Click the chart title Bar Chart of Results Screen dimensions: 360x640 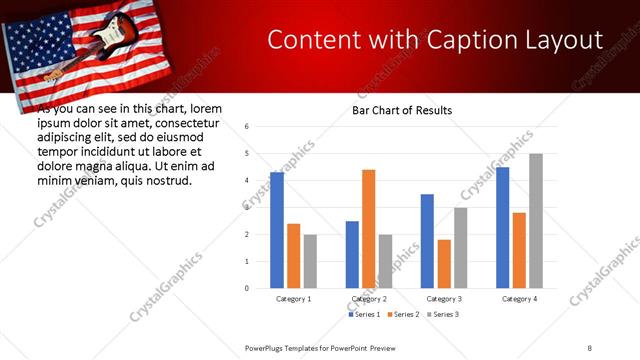coord(401,110)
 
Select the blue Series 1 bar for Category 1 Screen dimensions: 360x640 coord(277,230)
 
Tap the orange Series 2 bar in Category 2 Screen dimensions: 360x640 coord(368,229)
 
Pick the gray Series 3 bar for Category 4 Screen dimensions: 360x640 coord(536,221)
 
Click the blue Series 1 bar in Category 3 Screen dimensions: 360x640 coord(427,241)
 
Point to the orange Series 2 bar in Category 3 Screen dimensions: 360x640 coord(444,264)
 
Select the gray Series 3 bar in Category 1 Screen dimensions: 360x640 coord(310,261)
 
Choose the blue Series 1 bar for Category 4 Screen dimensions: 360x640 coord(502,227)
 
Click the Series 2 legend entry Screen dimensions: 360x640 coord(403,315)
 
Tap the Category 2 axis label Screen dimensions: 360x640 coord(369,299)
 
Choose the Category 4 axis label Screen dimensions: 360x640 coord(519,299)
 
